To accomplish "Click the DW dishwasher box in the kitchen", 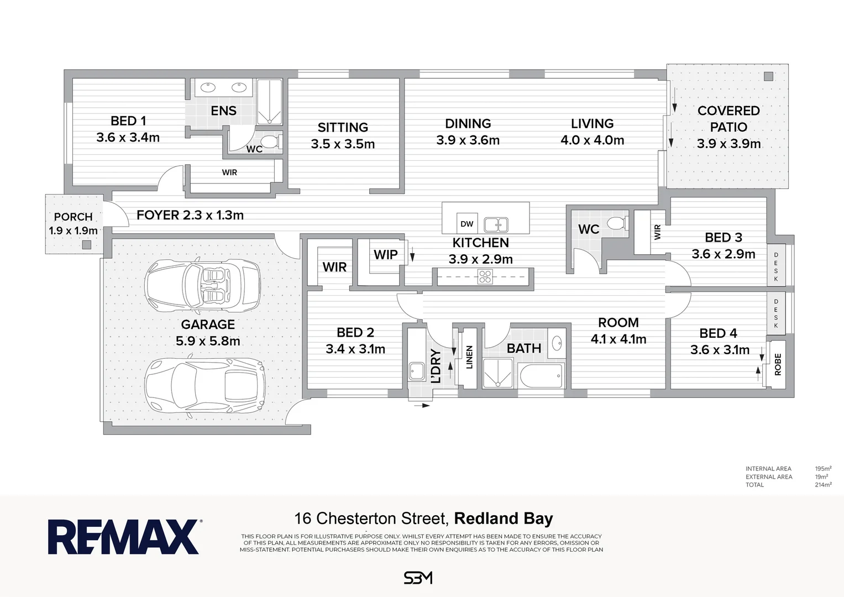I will click(467, 224).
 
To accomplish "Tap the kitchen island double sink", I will click(496, 224).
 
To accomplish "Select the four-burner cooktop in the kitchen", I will click(485, 276).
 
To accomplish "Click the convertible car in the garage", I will click(202, 286).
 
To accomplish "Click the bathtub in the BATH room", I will click(541, 375).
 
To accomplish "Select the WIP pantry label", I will click(385, 255).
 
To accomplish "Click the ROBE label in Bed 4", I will click(778, 365).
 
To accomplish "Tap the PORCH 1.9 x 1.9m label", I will click(73, 223).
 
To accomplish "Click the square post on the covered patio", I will click(768, 77).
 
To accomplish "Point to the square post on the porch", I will click(86, 244).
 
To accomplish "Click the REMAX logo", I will click(124, 537).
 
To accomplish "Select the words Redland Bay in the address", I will click(503, 519).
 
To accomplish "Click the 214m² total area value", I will click(823, 485).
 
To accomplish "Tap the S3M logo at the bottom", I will click(418, 578).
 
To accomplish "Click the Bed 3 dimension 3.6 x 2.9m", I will click(723, 254).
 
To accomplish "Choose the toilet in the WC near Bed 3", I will click(616, 223).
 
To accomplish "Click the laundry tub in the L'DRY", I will click(416, 371).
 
